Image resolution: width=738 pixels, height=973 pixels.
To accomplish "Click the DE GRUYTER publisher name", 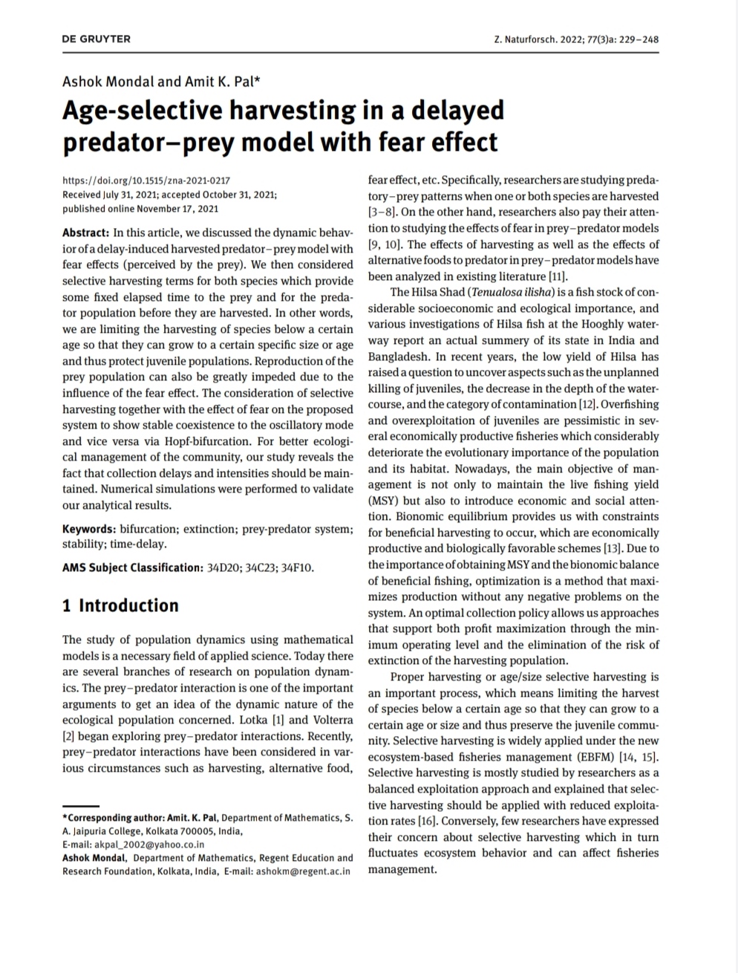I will [97, 39].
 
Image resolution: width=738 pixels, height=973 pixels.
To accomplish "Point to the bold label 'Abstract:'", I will [86, 232].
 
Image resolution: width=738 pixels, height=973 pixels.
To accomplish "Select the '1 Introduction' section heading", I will [121, 605].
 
